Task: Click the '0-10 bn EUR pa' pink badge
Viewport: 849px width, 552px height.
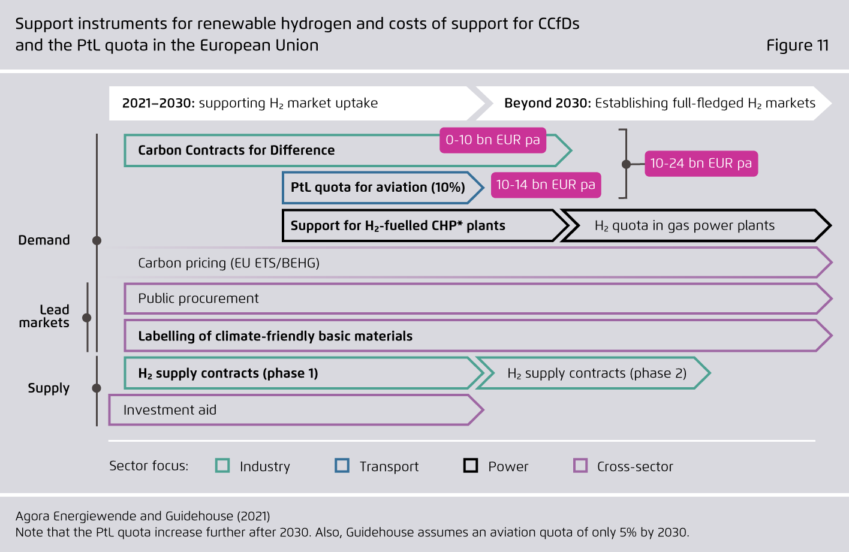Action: click(493, 140)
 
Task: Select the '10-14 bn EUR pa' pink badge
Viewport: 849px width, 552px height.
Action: click(546, 185)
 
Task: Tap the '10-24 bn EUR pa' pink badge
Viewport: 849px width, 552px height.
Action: click(701, 164)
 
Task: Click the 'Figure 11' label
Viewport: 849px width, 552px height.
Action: click(797, 46)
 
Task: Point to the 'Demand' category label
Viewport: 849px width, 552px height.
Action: click(44, 240)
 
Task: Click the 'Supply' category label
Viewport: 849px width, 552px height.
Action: click(49, 388)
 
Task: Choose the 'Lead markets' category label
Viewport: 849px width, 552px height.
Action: click(44, 316)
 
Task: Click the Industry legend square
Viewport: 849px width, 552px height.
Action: click(222, 466)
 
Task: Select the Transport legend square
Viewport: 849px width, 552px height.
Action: click(342, 466)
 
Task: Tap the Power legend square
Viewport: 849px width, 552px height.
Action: click(471, 466)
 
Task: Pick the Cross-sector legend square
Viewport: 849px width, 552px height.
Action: click(580, 466)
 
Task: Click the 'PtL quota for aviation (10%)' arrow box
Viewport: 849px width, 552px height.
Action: click(383, 188)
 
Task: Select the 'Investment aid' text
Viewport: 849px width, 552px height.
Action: click(170, 410)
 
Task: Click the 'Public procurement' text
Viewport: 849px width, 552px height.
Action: click(198, 298)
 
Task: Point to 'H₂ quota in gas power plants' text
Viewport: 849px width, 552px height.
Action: click(685, 226)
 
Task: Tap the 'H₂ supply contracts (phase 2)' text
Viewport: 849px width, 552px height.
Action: click(597, 373)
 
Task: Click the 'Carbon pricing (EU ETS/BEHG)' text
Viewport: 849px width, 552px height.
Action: click(228, 263)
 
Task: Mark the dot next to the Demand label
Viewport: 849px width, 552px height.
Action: click(97, 240)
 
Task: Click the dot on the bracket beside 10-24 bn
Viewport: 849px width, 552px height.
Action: click(626, 164)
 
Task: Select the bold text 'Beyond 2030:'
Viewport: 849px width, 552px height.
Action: click(547, 103)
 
